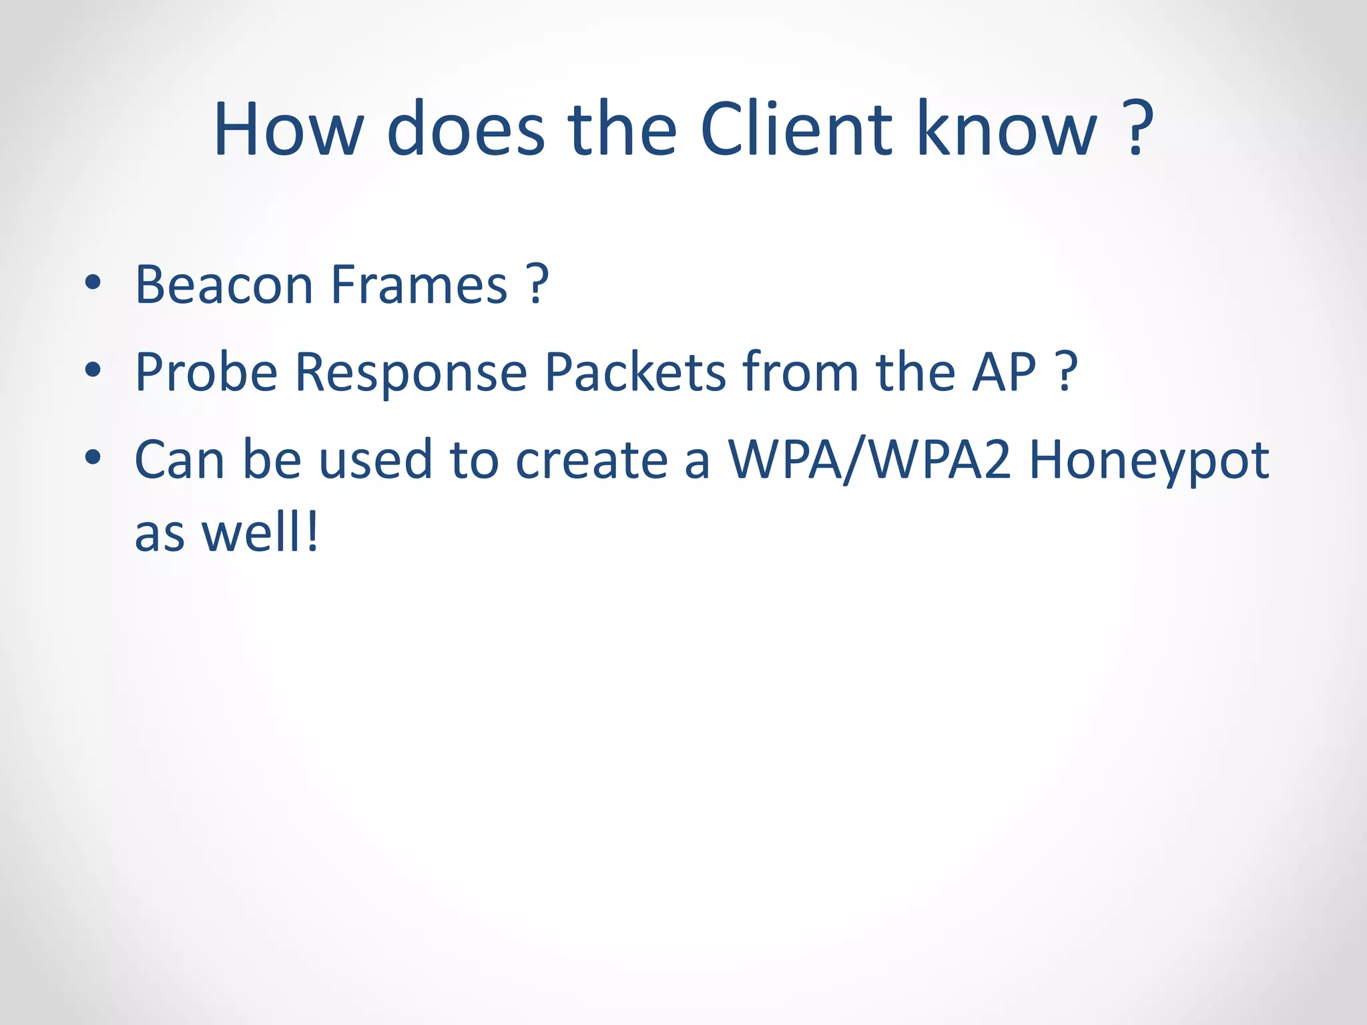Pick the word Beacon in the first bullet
[x=224, y=285]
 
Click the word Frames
[x=419, y=285]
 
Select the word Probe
[x=206, y=372]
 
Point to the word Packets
[x=635, y=372]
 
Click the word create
[x=591, y=460]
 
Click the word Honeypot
[x=1149, y=460]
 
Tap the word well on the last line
[x=252, y=533]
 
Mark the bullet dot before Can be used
[x=93, y=457]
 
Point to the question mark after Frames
[x=537, y=285]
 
